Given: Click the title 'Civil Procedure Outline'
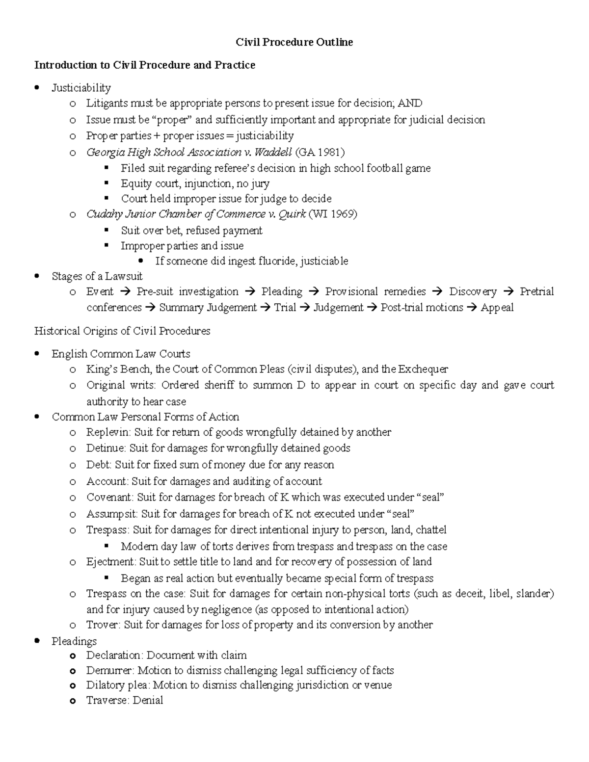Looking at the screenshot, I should tap(294, 42).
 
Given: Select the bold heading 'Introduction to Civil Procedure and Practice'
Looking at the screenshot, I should tap(144, 65).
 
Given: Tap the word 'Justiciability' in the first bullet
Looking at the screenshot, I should tap(81, 88).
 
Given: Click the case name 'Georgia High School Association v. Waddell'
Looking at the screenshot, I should tap(189, 152).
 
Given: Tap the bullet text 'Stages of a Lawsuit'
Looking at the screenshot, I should tap(97, 276).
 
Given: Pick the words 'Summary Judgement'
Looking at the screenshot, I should tap(208, 308).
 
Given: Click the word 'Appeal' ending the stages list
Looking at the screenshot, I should tap(497, 308).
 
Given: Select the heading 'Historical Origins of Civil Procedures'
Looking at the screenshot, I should tap(122, 331).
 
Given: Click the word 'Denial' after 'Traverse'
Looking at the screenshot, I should tap(148, 700).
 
